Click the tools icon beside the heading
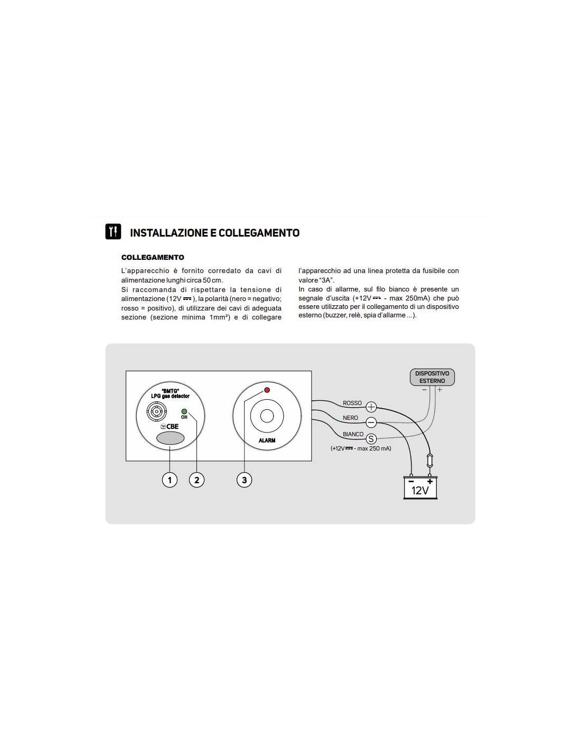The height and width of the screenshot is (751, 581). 113,232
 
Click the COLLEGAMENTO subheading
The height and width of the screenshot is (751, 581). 153,257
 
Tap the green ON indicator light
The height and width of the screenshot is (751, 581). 184,411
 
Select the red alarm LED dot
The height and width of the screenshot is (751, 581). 267,390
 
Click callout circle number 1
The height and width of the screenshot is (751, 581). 170,480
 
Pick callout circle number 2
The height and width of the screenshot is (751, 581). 196,480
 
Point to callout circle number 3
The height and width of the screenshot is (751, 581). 244,480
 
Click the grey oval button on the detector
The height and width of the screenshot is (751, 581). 170,438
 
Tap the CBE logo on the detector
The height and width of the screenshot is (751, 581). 170,426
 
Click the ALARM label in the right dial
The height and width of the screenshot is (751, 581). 267,440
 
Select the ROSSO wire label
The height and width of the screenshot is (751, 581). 352,403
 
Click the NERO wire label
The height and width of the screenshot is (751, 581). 350,418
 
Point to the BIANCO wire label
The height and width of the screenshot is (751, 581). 353,434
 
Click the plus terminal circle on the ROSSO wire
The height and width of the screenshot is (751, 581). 371,407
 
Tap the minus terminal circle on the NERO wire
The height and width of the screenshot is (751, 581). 371,423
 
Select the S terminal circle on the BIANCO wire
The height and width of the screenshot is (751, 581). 371,439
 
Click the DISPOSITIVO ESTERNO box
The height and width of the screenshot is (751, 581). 432,377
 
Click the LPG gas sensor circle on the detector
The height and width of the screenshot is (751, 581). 156,410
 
